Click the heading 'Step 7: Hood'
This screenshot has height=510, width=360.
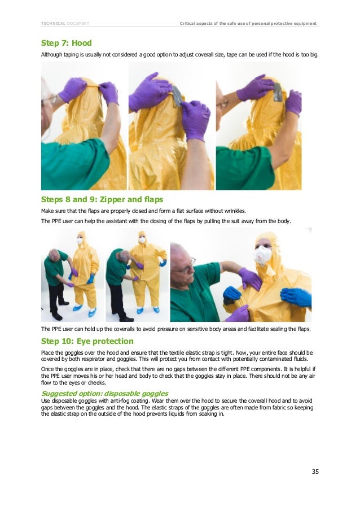tap(66, 43)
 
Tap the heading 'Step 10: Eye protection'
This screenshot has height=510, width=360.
tap(87, 341)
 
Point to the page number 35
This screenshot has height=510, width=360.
tap(315, 471)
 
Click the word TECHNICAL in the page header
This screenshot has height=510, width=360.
tap(53, 23)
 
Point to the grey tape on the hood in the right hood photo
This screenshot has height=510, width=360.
tap(278, 92)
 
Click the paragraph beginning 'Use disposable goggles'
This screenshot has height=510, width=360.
tap(178, 407)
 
